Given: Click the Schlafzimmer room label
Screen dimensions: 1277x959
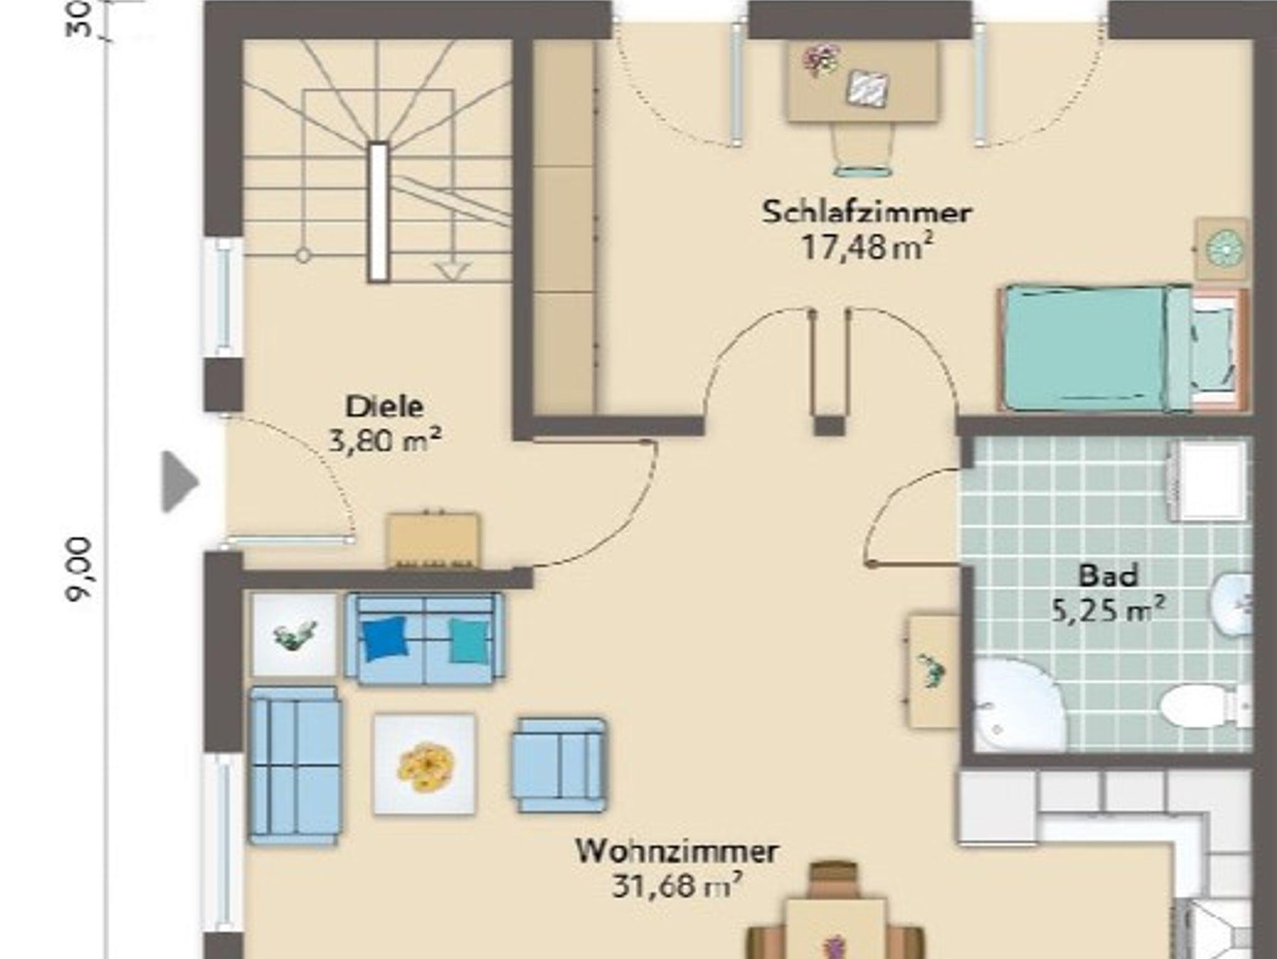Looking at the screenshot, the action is tap(867, 212).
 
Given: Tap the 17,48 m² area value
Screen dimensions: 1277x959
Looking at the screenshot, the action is tap(867, 247).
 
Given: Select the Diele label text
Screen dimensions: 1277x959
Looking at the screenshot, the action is tap(385, 407).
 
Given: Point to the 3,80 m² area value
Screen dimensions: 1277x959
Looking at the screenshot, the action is tap(385, 440).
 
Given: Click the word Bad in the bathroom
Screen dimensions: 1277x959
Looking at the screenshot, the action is tap(1108, 576).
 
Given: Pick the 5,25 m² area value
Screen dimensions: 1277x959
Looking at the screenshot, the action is tap(1108, 609).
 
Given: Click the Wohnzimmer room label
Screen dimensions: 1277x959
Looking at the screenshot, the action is tap(677, 851).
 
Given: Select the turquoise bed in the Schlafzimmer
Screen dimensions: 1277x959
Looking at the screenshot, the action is tap(1122, 348).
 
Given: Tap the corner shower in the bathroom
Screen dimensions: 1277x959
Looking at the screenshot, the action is tap(1016, 705).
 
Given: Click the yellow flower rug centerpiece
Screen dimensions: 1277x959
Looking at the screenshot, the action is tap(426, 766).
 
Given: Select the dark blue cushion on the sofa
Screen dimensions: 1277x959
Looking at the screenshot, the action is tap(385, 638).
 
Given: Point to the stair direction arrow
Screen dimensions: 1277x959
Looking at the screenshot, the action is tap(453, 272).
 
